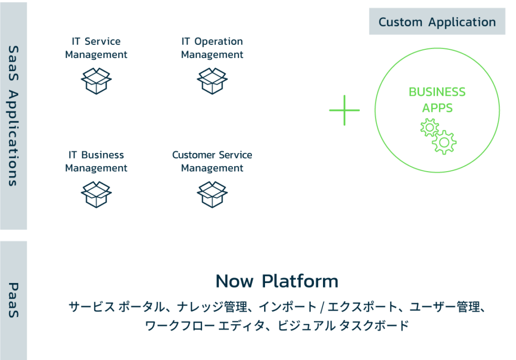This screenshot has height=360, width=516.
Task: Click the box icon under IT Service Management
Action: click(x=96, y=81)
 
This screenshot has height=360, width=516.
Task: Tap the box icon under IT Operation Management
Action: click(x=212, y=81)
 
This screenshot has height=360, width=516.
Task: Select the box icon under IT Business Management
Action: click(x=96, y=194)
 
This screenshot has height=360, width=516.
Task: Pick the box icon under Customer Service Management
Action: click(x=212, y=194)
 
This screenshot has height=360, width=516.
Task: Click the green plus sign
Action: click(x=344, y=110)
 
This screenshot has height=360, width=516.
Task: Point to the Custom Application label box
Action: click(x=437, y=22)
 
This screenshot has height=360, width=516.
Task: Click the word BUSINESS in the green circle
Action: click(x=437, y=92)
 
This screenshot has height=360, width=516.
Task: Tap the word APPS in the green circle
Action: click(x=437, y=108)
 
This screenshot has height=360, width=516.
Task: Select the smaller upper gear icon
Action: click(x=429, y=127)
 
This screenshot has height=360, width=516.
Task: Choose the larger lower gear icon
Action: click(x=444, y=142)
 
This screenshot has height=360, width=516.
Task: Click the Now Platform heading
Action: click(x=277, y=281)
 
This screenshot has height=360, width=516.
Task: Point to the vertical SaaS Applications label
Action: click(x=14, y=116)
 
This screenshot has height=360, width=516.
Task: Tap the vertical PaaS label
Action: click(x=14, y=300)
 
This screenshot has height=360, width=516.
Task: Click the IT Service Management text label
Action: click(x=96, y=48)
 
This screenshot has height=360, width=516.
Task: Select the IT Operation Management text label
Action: click(x=212, y=48)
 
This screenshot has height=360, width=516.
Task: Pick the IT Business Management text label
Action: click(x=96, y=162)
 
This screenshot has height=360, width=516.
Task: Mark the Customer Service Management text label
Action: click(x=212, y=162)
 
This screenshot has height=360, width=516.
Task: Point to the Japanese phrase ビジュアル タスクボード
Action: click(x=343, y=326)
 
